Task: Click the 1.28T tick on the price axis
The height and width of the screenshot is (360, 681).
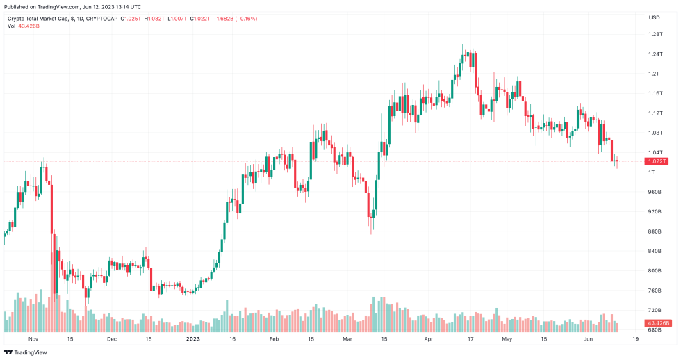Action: click(655, 34)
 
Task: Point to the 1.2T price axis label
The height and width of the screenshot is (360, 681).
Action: click(653, 74)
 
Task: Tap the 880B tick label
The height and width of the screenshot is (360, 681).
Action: click(654, 231)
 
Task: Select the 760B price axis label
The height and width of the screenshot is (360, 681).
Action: click(654, 291)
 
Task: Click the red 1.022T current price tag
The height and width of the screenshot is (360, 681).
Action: click(656, 161)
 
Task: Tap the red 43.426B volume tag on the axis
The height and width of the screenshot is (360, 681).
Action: click(657, 323)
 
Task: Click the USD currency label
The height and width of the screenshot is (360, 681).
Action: click(654, 17)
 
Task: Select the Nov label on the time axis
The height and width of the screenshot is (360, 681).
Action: click(32, 340)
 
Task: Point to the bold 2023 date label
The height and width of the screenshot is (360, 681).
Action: click(193, 340)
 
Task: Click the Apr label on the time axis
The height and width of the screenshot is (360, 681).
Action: click(429, 340)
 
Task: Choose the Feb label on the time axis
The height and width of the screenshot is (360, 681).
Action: click(273, 340)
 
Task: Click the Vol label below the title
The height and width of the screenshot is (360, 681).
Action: click(12, 26)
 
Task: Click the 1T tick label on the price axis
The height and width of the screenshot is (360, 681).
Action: click(651, 172)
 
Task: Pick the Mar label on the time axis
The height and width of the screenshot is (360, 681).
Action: click(347, 340)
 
